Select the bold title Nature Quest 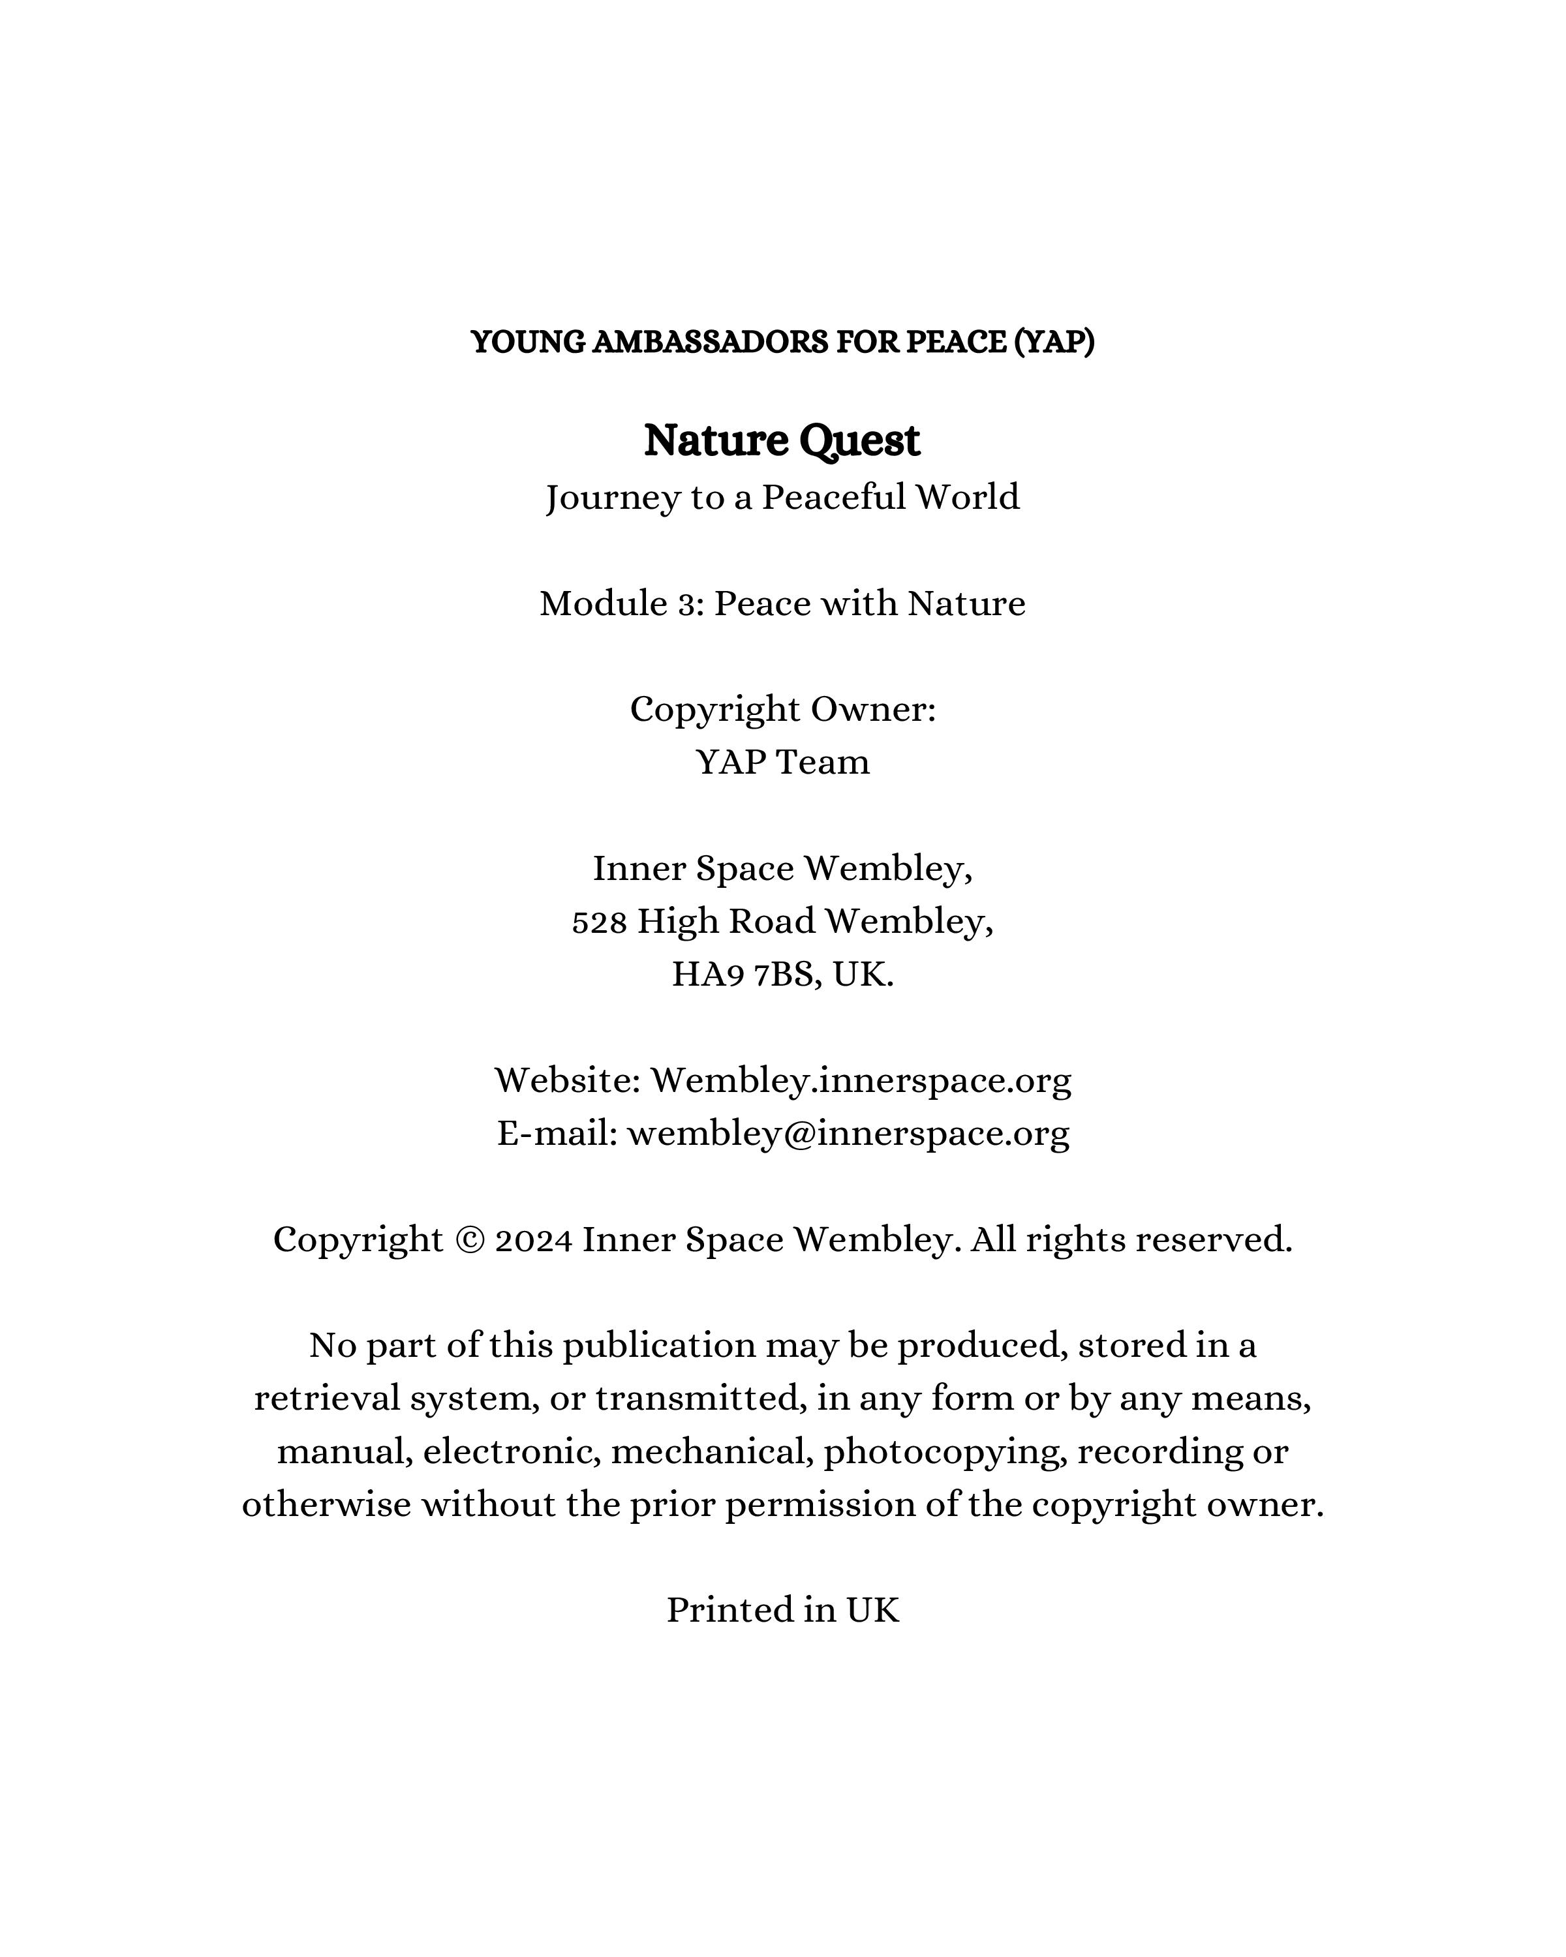tap(782, 441)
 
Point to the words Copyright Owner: tap(782, 710)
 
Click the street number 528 tap(599, 922)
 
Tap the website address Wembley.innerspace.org tap(861, 1081)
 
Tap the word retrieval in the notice tap(327, 1399)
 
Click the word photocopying tap(945, 1452)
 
